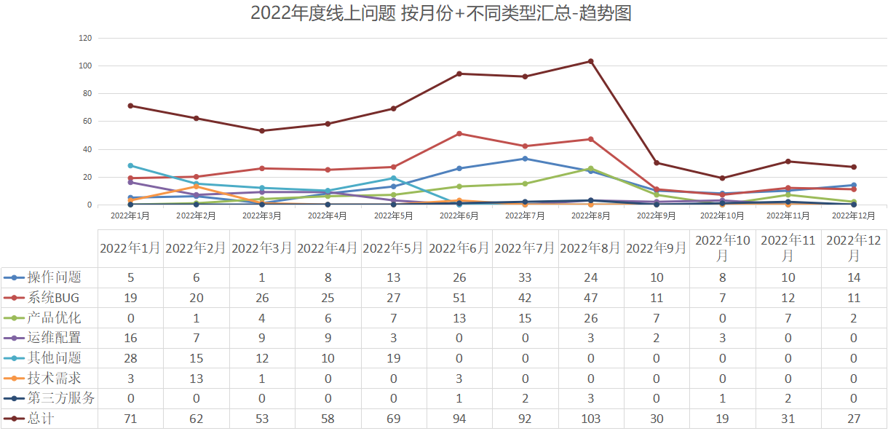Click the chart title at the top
440,13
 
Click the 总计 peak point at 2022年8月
590,61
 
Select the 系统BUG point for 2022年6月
459,133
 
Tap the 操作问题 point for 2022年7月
525,159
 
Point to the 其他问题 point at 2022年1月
130,165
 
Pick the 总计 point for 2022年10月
722,178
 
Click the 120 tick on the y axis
85,38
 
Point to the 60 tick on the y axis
87,122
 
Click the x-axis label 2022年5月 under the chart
393,215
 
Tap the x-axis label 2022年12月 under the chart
853,215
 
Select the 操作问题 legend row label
54,277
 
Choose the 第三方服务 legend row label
61,398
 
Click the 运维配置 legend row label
54,338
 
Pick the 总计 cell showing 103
590,419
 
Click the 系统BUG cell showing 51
459,298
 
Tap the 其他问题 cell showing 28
130,358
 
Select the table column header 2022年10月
722,248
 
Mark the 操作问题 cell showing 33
525,277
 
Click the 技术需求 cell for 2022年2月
196,378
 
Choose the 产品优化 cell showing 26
590,317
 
